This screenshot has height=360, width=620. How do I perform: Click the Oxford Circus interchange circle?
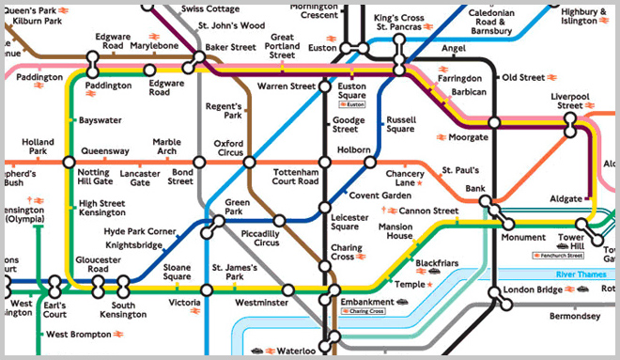tap(249, 162)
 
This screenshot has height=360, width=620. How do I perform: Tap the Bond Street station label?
tap(180, 177)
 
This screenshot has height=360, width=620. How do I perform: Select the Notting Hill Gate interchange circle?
tap(69, 162)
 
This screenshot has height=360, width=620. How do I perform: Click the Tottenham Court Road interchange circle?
tap(324, 162)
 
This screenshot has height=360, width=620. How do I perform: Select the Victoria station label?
tap(184, 304)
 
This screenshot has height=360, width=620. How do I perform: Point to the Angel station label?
tap(454, 48)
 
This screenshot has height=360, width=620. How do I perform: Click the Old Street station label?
tap(523, 77)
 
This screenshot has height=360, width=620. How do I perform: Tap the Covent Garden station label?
tap(379, 194)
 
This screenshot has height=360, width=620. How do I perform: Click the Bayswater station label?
tap(100, 120)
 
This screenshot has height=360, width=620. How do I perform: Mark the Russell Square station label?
tap(400, 124)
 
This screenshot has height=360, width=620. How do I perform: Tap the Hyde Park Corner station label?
tap(140, 230)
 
